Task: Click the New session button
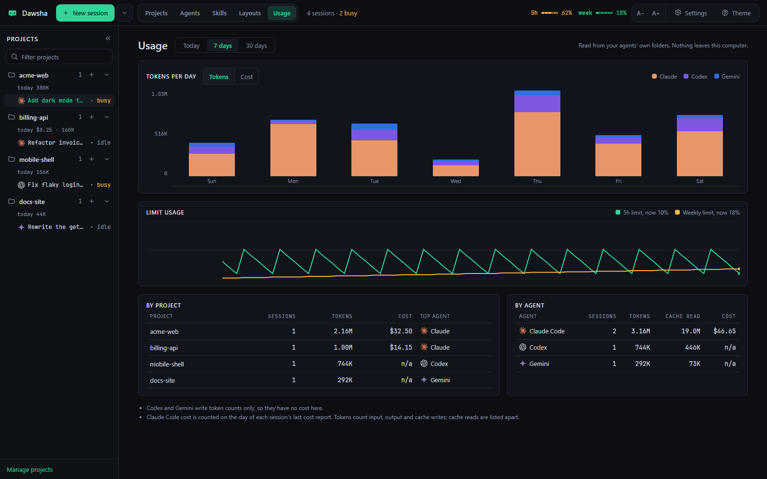point(85,13)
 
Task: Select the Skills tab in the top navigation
point(219,13)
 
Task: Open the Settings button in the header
point(691,13)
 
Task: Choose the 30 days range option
point(256,46)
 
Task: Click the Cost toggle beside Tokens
point(246,77)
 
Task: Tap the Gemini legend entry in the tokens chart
point(727,76)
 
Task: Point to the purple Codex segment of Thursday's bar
point(537,103)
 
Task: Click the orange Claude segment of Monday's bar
point(293,150)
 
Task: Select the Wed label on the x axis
point(456,181)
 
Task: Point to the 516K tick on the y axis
point(161,134)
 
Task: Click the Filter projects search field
point(59,57)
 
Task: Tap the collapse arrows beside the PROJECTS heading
point(108,38)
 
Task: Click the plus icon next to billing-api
point(92,117)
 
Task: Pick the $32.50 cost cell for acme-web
point(401,331)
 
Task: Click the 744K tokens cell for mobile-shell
point(345,364)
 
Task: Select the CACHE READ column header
point(683,316)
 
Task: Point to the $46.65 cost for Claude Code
point(724,331)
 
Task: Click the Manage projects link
point(30,469)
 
